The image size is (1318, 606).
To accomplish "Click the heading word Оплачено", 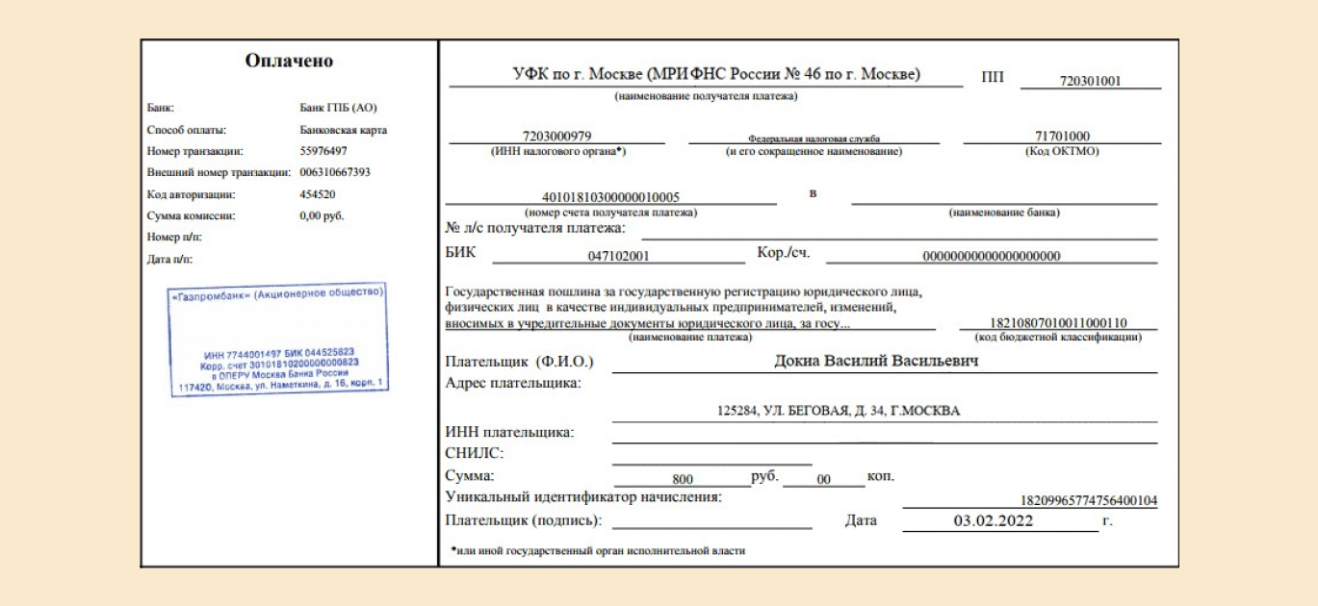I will click(289, 62).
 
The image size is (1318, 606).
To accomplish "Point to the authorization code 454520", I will click(319, 194).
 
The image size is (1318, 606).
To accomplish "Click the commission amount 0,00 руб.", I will click(322, 215).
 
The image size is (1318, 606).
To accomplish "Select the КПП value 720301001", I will click(1090, 82).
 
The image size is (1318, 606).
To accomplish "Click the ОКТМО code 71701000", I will click(1062, 136).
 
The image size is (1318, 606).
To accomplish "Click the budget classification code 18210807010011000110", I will click(1058, 323).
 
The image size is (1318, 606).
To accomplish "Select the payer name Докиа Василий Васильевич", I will click(876, 362).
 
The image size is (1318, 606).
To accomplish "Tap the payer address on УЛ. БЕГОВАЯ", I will click(839, 411).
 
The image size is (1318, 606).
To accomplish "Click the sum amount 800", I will click(683, 478).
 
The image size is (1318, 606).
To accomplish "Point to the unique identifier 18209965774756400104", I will click(1088, 500).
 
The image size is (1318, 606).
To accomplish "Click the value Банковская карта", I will click(344, 129).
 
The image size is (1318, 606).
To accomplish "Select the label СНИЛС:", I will click(476, 453).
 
